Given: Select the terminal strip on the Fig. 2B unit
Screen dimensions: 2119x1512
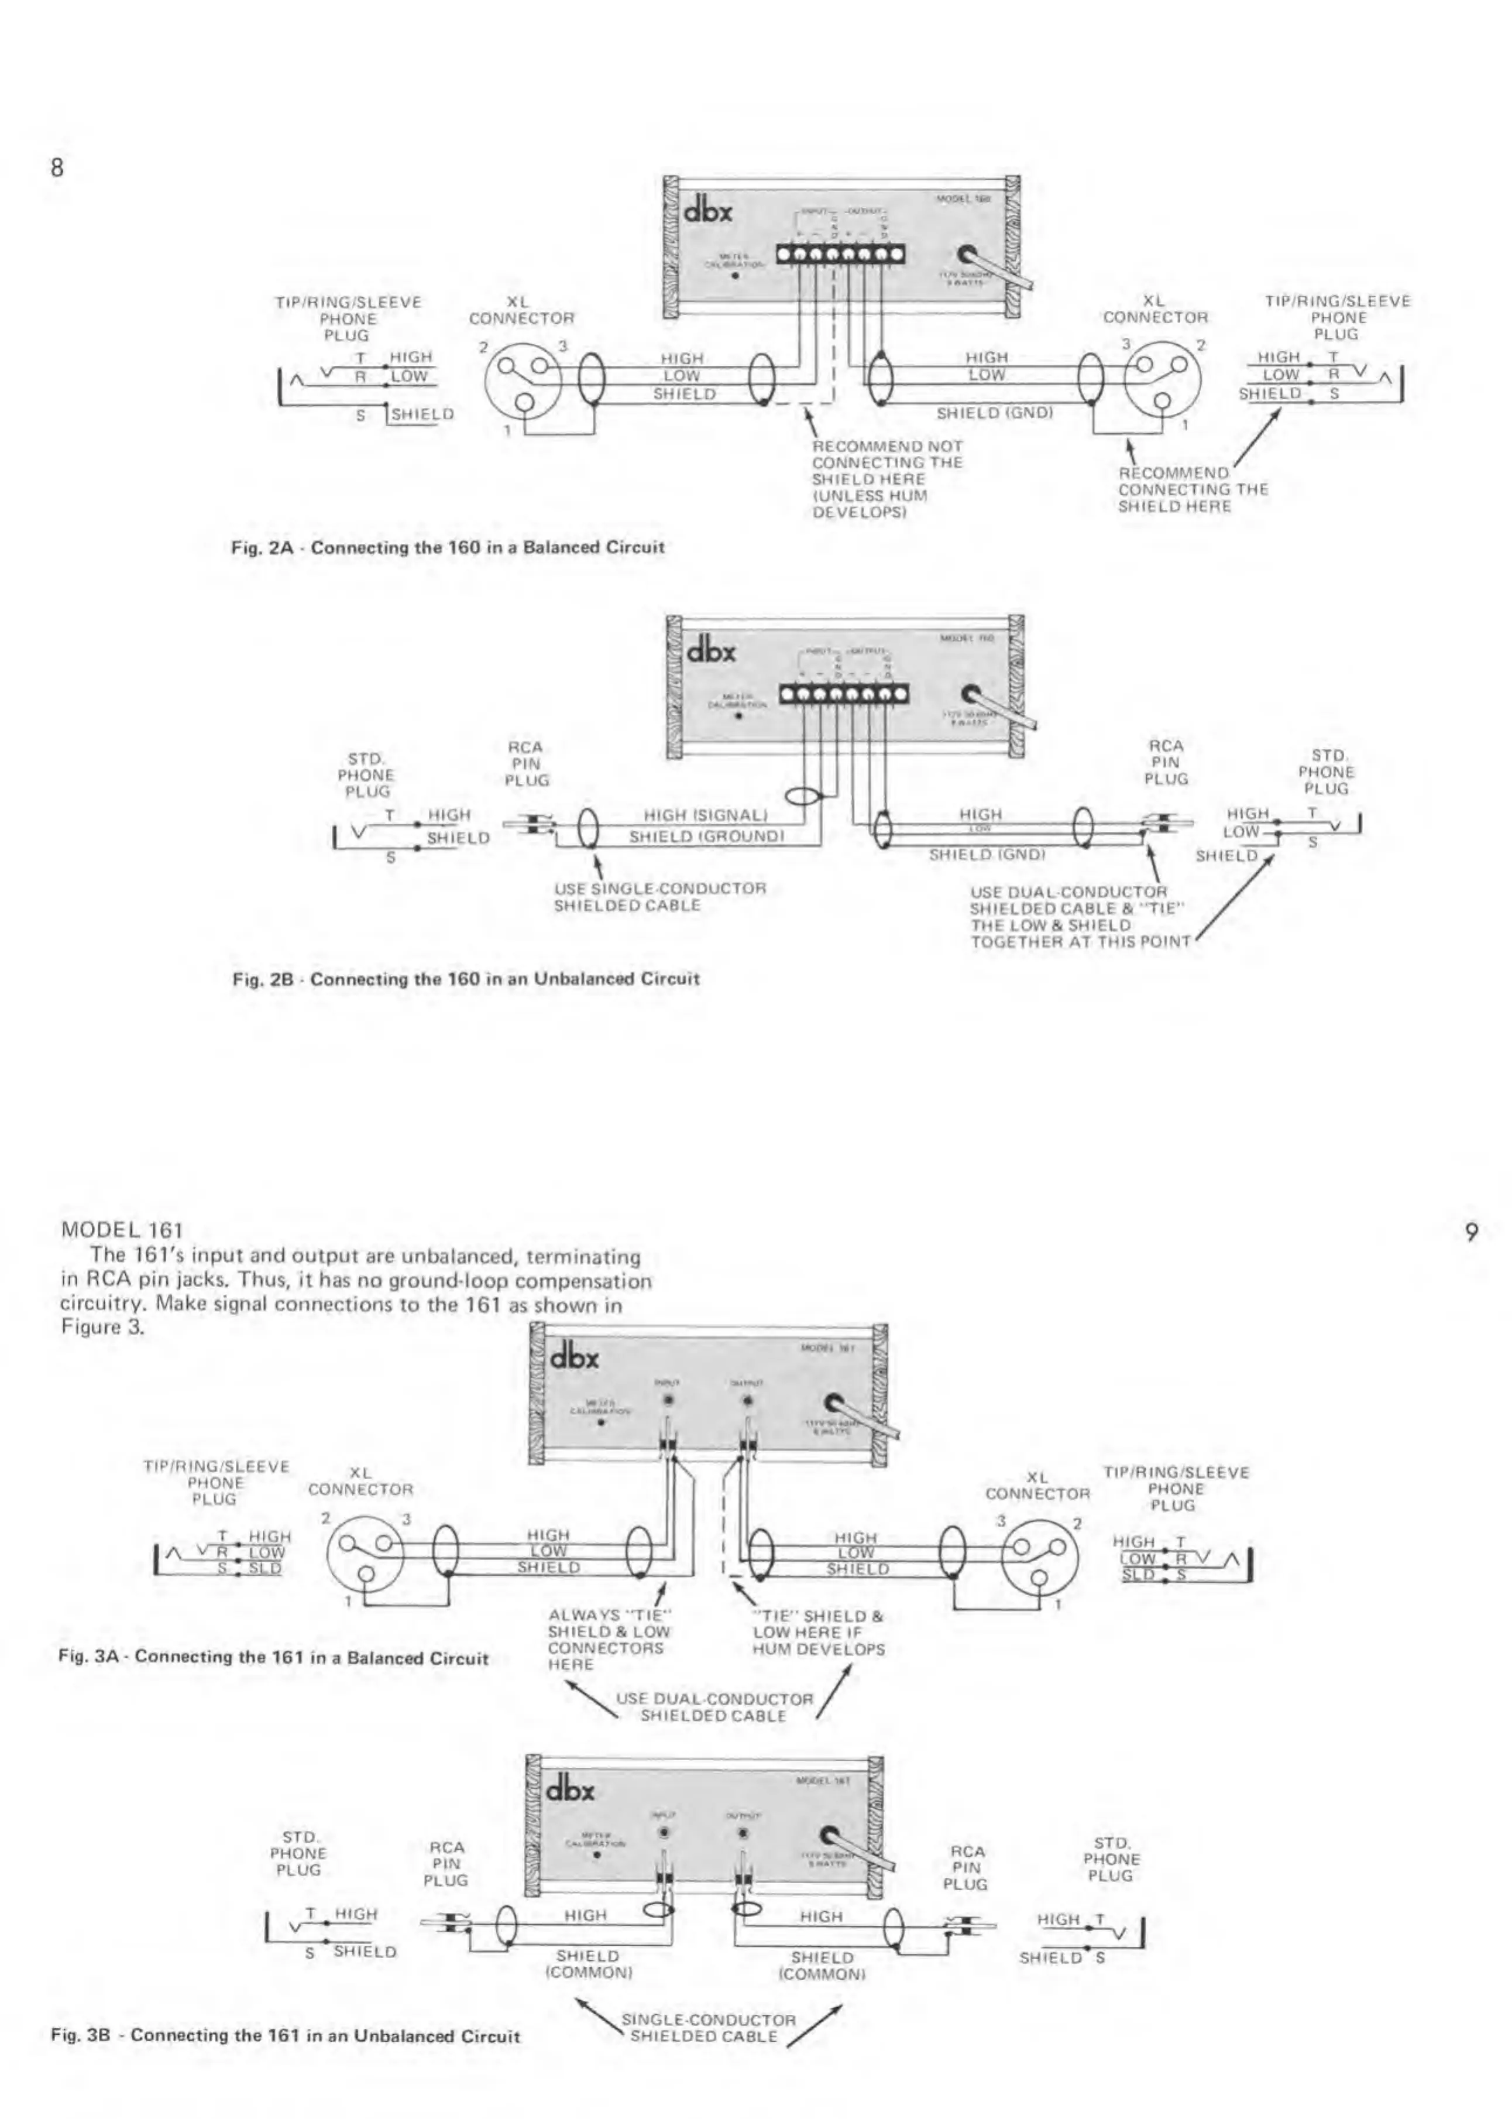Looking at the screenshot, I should click(844, 695).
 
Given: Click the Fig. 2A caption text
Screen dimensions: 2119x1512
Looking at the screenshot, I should click(448, 548).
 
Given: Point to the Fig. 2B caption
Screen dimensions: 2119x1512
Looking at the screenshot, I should click(466, 979).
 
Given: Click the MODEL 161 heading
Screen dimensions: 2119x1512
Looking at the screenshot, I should click(122, 1229).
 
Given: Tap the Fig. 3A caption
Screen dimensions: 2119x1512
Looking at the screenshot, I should click(273, 1658).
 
